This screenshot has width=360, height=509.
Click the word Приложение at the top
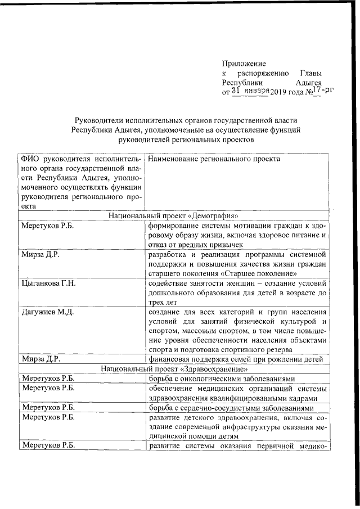pyautogui.click(x=244, y=64)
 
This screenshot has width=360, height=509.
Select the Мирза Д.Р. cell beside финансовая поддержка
pyautogui.click(x=40, y=359)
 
